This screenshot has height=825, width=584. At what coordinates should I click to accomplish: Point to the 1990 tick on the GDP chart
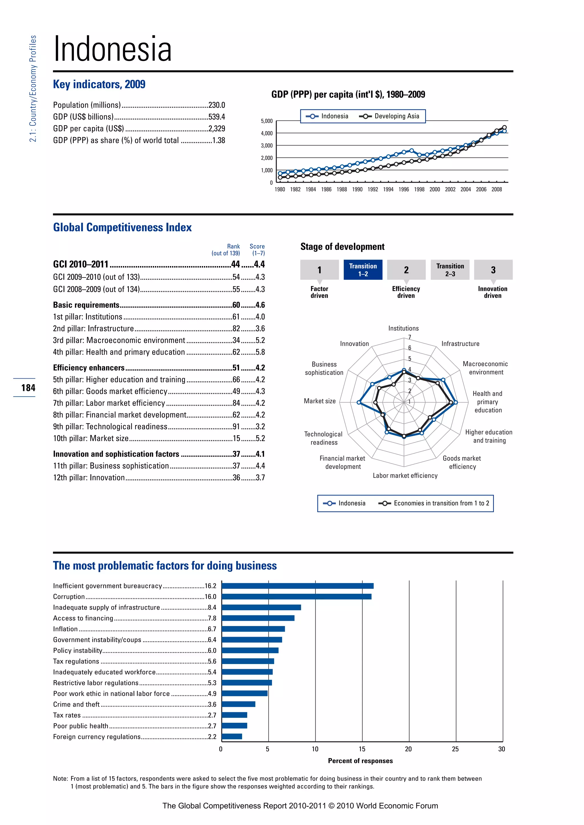pyautogui.click(x=357, y=189)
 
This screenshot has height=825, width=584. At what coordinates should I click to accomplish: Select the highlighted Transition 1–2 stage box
pyautogui.click(x=363, y=269)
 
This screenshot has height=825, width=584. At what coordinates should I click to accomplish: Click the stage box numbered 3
pyautogui.click(x=493, y=269)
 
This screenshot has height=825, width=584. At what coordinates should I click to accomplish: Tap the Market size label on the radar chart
pyautogui.click(x=319, y=401)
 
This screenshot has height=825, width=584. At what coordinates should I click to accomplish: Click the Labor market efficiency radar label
pyautogui.click(x=405, y=476)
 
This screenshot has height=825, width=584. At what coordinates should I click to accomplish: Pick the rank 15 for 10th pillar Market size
pyautogui.click(x=236, y=438)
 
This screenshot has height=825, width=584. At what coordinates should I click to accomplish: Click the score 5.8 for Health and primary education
pyautogui.click(x=260, y=352)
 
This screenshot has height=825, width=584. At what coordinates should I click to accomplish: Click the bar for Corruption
pyautogui.click(x=296, y=597)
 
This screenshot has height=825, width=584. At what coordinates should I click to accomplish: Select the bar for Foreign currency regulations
pyautogui.click(x=232, y=737)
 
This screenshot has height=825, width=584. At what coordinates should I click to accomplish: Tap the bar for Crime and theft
pyautogui.click(x=238, y=704)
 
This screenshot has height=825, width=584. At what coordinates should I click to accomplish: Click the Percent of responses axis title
pyautogui.click(x=360, y=761)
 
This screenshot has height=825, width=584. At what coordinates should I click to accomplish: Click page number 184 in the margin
pyautogui.click(x=28, y=388)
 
